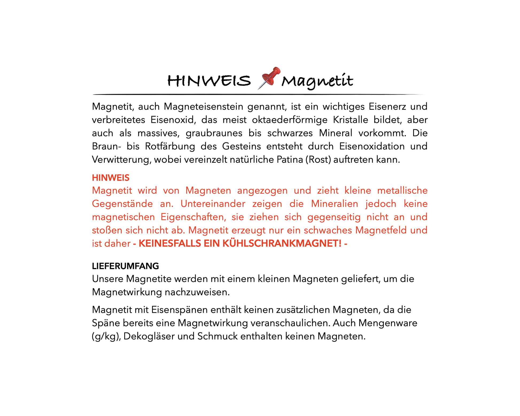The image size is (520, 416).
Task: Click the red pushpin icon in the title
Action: point(269,78)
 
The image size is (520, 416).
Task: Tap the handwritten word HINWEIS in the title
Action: point(209,80)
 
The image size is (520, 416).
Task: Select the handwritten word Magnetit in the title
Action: point(317,81)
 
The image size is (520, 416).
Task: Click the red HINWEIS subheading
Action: point(111,178)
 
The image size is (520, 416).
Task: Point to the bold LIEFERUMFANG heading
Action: point(125,266)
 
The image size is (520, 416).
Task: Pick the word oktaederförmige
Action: point(289,120)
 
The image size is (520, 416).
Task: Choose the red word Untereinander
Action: point(213,204)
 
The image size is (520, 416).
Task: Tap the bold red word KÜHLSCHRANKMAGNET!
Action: point(282,243)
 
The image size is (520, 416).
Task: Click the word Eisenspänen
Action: point(180,310)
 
